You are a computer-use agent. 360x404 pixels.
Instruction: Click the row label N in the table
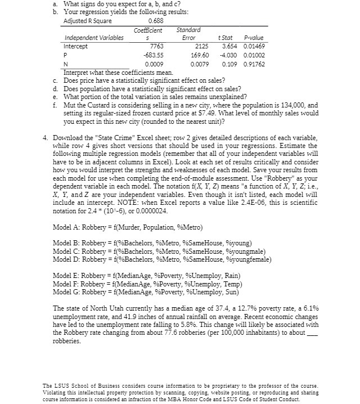coord(66,65)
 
